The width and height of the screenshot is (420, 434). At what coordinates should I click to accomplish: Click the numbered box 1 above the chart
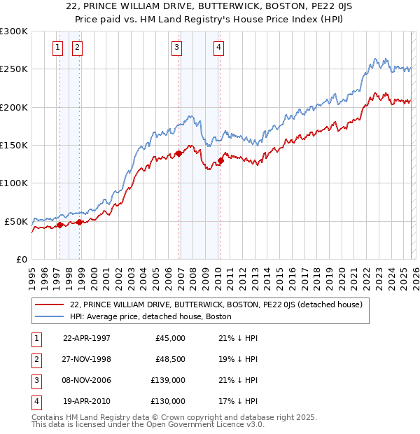coord(57,48)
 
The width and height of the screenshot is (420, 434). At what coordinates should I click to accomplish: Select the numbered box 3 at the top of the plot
coord(176,48)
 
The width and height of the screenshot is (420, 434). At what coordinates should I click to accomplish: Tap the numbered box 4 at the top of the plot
coord(218,48)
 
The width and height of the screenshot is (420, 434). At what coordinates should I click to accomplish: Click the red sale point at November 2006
coord(178,153)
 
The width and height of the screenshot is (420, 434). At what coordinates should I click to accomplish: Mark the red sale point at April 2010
coord(220,160)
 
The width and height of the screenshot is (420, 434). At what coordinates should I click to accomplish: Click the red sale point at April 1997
coord(60,225)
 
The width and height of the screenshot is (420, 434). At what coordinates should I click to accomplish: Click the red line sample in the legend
coord(49,304)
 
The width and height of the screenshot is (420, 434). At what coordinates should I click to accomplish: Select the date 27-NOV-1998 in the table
coord(87,359)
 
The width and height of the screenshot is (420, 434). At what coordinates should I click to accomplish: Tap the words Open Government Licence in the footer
coord(201,424)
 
